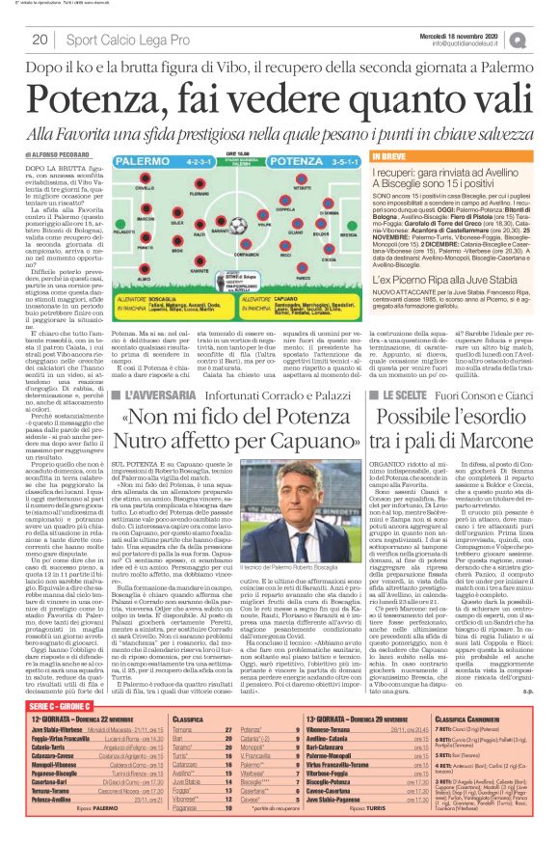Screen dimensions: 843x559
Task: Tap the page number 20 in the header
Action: (42, 39)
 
